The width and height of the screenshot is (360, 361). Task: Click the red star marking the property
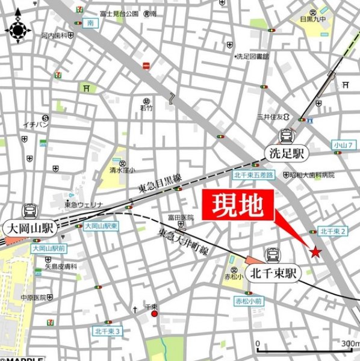(315, 252)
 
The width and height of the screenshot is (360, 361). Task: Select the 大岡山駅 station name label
(29, 229)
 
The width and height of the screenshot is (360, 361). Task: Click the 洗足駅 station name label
(287, 153)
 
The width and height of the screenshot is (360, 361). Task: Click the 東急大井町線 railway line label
(182, 239)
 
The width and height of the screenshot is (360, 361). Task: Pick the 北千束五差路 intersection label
(253, 175)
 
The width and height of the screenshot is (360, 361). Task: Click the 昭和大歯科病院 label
(311, 175)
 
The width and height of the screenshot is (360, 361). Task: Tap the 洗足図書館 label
(253, 56)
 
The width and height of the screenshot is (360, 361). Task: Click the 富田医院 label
(181, 218)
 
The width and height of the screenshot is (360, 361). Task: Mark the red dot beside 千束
(155, 313)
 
